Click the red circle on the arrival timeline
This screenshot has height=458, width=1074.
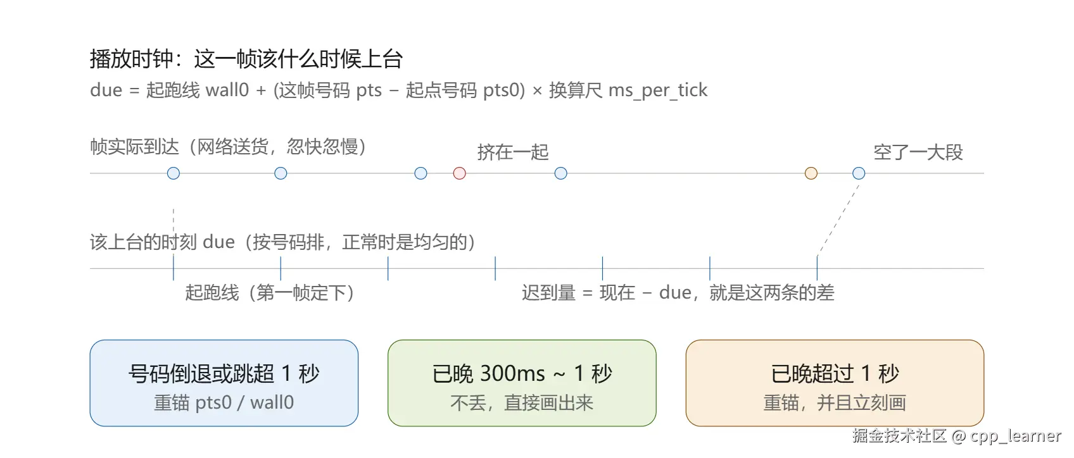pos(459,173)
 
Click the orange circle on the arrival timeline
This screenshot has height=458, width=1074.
pos(811,173)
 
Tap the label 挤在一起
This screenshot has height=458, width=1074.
pos(512,152)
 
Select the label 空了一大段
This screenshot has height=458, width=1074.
pos(918,152)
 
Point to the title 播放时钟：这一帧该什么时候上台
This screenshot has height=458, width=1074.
pos(246,59)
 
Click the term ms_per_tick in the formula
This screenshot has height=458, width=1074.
pos(658,90)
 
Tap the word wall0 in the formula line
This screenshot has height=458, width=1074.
pos(227,90)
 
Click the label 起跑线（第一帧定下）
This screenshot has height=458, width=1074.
pos(270,293)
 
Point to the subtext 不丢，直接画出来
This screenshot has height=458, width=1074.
pos(522,403)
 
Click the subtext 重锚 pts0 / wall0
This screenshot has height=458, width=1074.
pos(224,403)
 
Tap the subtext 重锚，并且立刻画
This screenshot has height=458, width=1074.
pos(835,403)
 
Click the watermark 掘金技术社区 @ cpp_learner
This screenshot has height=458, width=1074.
pos(956,436)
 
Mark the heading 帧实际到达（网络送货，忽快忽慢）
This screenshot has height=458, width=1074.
pos(228,147)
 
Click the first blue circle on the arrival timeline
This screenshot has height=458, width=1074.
pos(174,173)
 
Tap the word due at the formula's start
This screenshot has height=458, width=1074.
pos(106,90)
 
